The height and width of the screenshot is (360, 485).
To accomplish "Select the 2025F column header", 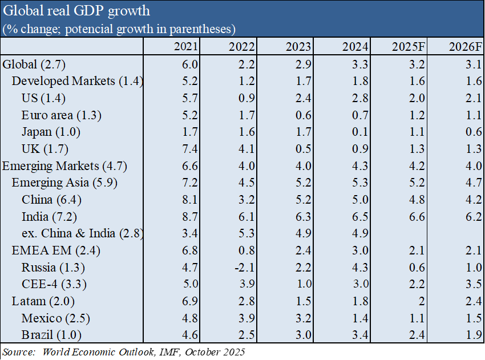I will point(409,47).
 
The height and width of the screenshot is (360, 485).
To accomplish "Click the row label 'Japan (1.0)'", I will point(51,132).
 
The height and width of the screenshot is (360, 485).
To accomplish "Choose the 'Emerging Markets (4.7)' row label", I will point(64,166).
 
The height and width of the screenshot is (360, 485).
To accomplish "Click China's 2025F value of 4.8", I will point(417,200).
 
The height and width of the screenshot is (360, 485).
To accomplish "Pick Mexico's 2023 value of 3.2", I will point(304,318).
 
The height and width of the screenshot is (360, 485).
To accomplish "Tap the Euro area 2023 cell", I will point(304,115).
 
